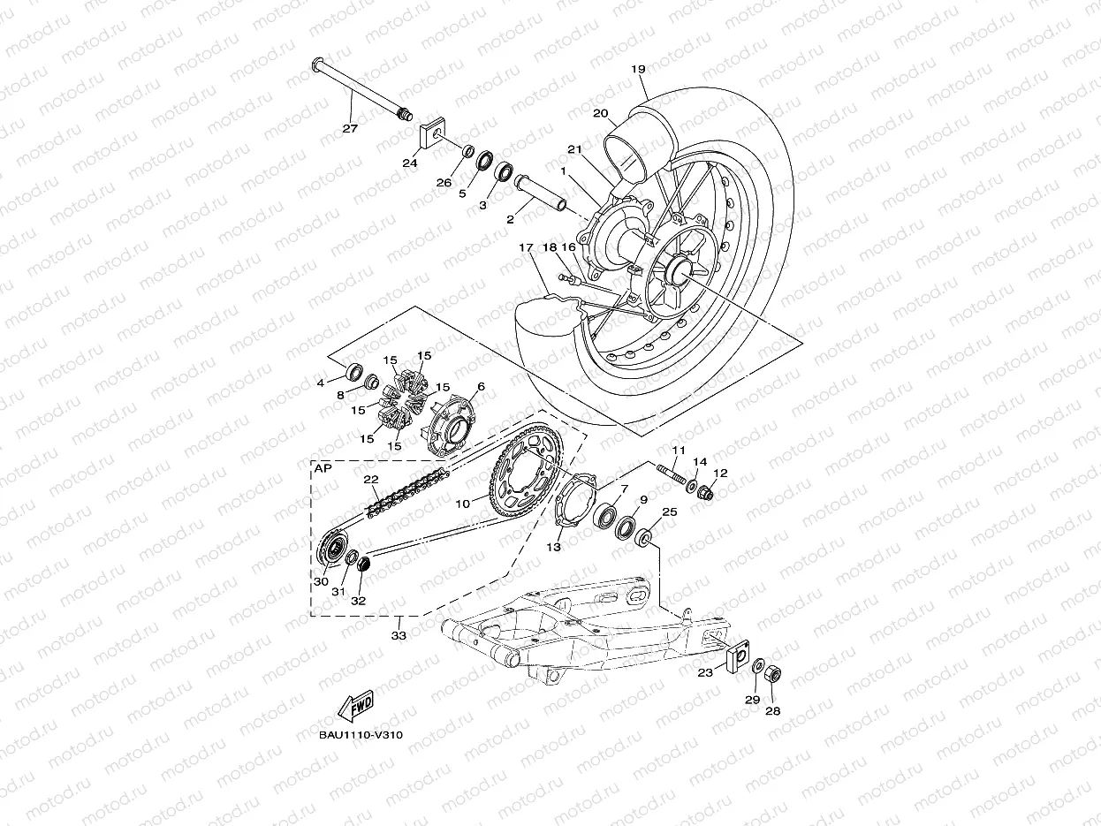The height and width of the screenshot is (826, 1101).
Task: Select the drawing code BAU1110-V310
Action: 361,735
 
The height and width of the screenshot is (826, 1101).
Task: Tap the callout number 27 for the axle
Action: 350,128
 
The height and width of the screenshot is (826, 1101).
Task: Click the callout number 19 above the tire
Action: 638,69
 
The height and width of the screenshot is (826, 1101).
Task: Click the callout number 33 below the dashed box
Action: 399,635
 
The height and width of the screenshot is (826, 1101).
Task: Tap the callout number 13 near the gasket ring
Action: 553,547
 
